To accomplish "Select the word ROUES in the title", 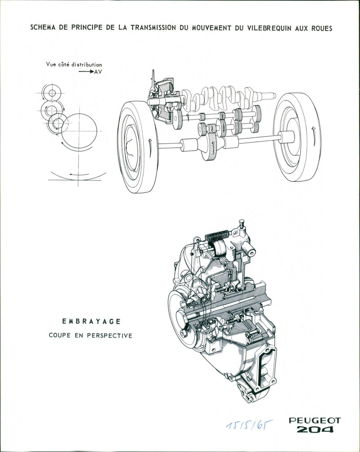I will coord(320,28).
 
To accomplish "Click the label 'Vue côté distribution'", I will coord(74,65).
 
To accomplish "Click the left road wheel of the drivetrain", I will coord(137,147).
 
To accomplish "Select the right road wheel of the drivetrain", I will coord(297,137).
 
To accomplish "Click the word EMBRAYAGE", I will coord(91,321).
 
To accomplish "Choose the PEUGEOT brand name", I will coord(315,420).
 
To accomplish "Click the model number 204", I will coord(315,430).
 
